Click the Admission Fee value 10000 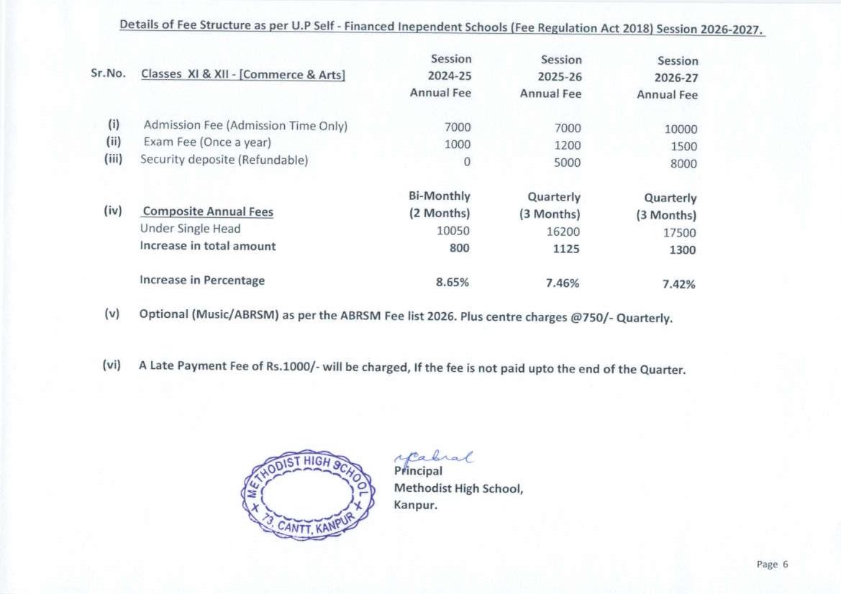681,129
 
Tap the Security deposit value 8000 683,163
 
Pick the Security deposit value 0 467,162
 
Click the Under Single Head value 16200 563,232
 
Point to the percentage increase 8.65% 453,282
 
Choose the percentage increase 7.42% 678,284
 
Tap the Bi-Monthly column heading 439,196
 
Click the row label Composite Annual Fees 208,211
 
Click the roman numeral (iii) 113,159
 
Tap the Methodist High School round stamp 308,493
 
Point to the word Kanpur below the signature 415,504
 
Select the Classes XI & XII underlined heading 243,74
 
